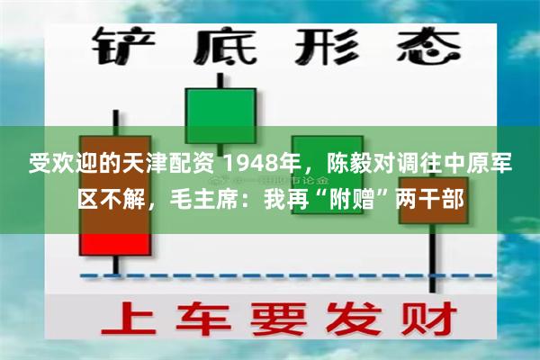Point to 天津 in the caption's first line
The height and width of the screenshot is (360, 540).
pyautogui.click(x=147, y=165)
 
